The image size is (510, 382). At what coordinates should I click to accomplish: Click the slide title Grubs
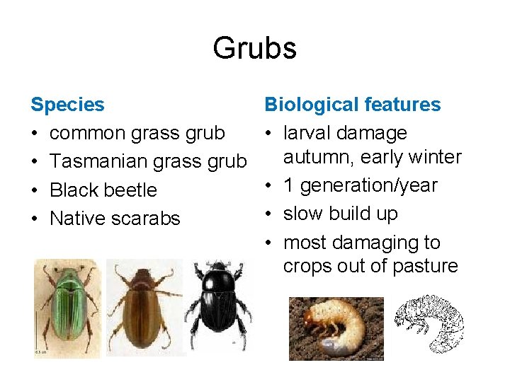tap(254, 48)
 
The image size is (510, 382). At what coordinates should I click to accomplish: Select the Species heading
tap(67, 105)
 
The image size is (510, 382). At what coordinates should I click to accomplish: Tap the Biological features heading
tap(352, 105)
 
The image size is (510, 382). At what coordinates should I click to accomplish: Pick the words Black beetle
tap(103, 190)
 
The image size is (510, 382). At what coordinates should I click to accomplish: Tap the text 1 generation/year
tap(360, 185)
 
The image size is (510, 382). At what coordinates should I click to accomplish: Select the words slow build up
tap(340, 214)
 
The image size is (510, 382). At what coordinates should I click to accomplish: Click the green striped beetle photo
tap(67, 306)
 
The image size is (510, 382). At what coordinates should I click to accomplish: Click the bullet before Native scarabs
tap(35, 219)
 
